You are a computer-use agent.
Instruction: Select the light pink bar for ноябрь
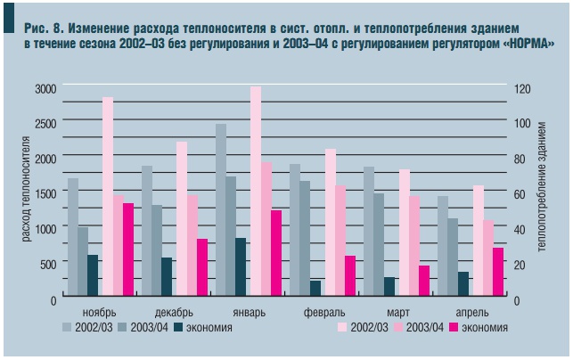[x=107, y=196]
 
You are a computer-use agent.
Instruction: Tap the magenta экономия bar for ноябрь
[x=128, y=250]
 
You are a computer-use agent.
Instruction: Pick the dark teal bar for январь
[x=241, y=266]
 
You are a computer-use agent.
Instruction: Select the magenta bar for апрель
[x=497, y=272]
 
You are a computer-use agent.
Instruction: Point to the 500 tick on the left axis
[x=47, y=264]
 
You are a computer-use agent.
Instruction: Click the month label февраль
[x=324, y=313]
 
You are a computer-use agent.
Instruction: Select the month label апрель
[x=471, y=313]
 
